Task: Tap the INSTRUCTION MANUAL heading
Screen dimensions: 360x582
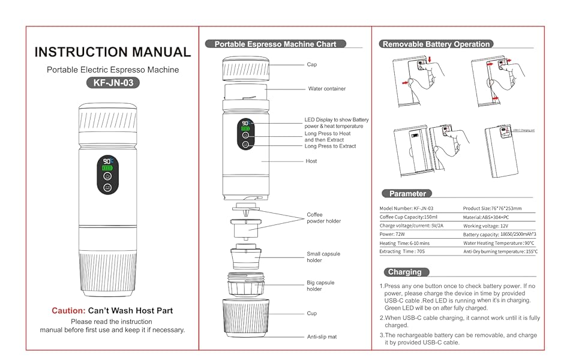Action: (x=113, y=52)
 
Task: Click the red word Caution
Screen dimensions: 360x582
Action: (x=68, y=311)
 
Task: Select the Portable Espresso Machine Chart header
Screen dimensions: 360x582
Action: (x=275, y=44)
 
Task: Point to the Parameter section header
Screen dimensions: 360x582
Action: (x=407, y=193)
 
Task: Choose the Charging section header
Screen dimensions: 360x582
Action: (x=405, y=272)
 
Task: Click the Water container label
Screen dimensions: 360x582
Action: (x=326, y=89)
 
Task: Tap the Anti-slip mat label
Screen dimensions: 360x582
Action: (x=322, y=337)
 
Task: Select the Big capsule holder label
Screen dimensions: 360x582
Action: (x=320, y=286)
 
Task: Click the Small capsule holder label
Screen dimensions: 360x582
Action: (x=323, y=257)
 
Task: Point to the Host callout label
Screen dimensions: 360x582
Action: (x=311, y=161)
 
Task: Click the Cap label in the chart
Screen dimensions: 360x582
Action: (x=311, y=64)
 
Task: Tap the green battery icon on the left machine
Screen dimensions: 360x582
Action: (x=107, y=168)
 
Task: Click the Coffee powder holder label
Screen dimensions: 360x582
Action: (x=323, y=218)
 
